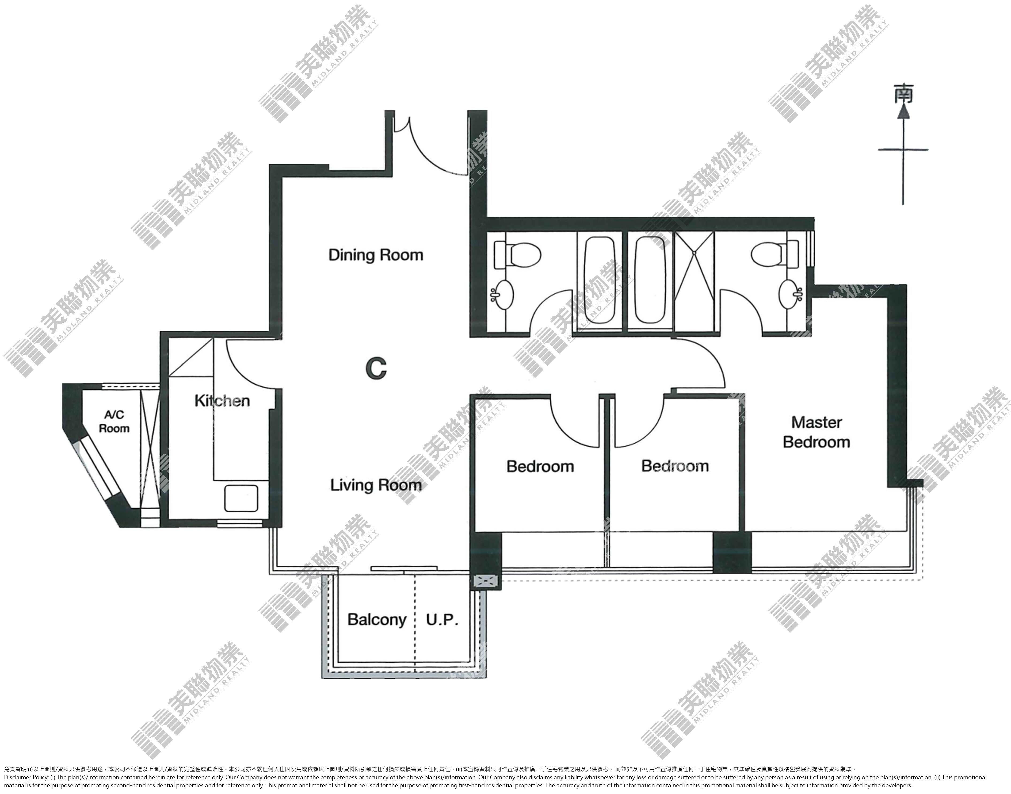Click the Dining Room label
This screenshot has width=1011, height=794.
(x=376, y=255)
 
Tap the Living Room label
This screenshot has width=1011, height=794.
(x=376, y=485)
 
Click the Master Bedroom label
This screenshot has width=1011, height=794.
(x=816, y=432)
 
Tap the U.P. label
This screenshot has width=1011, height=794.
(x=442, y=620)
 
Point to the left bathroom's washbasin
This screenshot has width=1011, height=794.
(x=502, y=294)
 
